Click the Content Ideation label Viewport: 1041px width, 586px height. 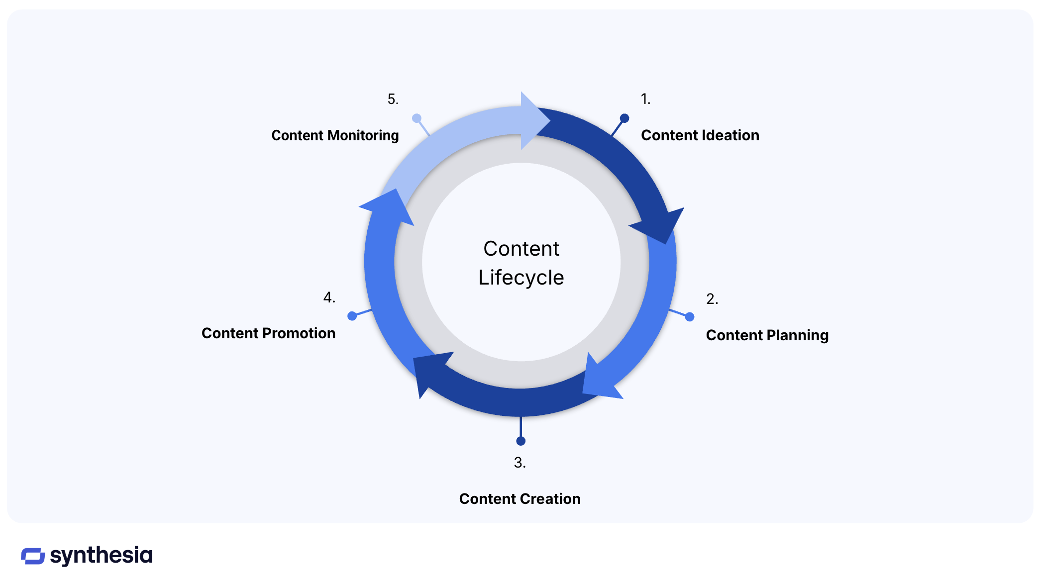tap(700, 135)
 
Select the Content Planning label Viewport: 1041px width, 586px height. tap(767, 335)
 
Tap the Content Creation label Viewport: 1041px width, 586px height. tap(520, 499)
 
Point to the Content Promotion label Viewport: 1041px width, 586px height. tap(268, 333)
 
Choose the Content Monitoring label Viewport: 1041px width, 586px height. tap(335, 135)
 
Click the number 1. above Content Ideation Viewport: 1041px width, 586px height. tap(645, 99)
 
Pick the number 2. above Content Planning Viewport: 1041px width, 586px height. tap(712, 299)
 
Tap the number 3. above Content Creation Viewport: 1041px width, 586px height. tap(520, 463)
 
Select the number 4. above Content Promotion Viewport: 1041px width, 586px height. tap(329, 297)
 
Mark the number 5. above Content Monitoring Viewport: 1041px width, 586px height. tap(393, 99)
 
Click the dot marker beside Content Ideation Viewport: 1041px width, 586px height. tap(625, 118)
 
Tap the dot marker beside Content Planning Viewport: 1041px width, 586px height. tap(690, 317)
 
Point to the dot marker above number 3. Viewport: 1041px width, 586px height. tap(520, 441)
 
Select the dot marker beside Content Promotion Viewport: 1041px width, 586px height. tap(352, 316)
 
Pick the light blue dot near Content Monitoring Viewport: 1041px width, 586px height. tap(416, 118)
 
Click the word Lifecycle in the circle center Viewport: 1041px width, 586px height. tap(521, 278)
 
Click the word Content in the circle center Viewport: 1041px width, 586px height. tap(521, 249)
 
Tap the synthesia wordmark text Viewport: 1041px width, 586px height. tap(101, 555)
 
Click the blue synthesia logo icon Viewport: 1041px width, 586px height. tap(33, 556)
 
